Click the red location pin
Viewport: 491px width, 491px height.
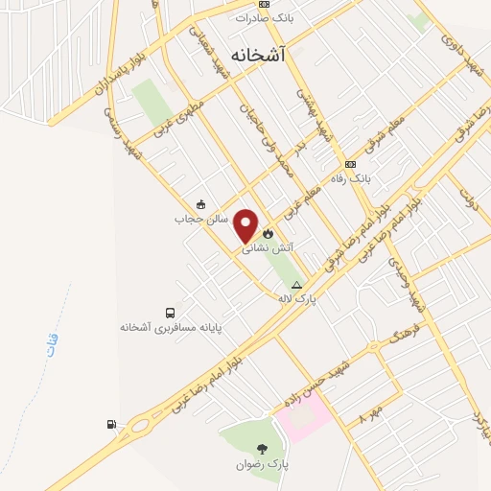[x=246, y=225]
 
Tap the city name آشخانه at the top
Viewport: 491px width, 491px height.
[x=258, y=56]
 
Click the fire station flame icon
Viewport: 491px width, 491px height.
[x=268, y=232]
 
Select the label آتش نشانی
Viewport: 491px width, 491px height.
[x=266, y=247]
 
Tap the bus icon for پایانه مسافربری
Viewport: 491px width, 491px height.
[x=170, y=313]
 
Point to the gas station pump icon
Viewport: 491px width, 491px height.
[x=113, y=424]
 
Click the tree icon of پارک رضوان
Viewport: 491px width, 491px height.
[x=263, y=448]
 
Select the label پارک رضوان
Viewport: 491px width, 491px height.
[x=263, y=464]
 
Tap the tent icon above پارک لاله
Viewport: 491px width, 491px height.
[x=296, y=285]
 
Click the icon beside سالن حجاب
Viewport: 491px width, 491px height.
[x=199, y=203]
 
